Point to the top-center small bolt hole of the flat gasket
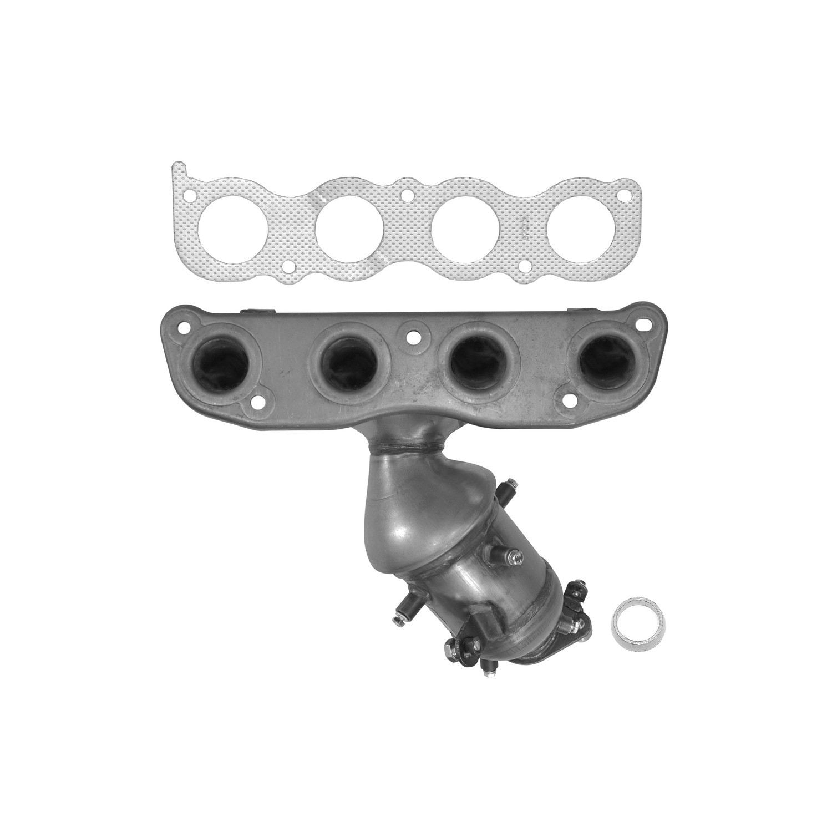click(408, 196)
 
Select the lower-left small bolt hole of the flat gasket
click(287, 268)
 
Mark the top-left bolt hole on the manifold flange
click(182, 327)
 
